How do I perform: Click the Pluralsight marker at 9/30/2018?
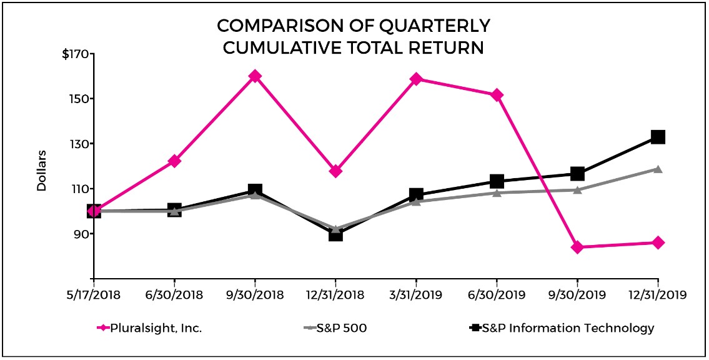(x=255, y=76)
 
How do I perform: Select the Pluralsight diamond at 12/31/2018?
(x=335, y=171)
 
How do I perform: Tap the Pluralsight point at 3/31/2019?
(x=416, y=79)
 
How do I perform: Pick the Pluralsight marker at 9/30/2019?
(x=577, y=247)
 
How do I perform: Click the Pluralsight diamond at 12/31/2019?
(x=658, y=242)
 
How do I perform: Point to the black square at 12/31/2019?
(x=658, y=137)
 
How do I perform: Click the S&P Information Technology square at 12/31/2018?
(x=335, y=234)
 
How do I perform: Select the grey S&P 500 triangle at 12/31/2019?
(x=658, y=169)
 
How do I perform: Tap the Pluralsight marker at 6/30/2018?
(x=174, y=161)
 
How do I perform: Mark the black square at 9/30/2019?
(x=577, y=174)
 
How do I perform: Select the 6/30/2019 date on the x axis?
(x=497, y=294)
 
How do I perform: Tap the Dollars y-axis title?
(x=42, y=170)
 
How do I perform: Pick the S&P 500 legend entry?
(x=340, y=328)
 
